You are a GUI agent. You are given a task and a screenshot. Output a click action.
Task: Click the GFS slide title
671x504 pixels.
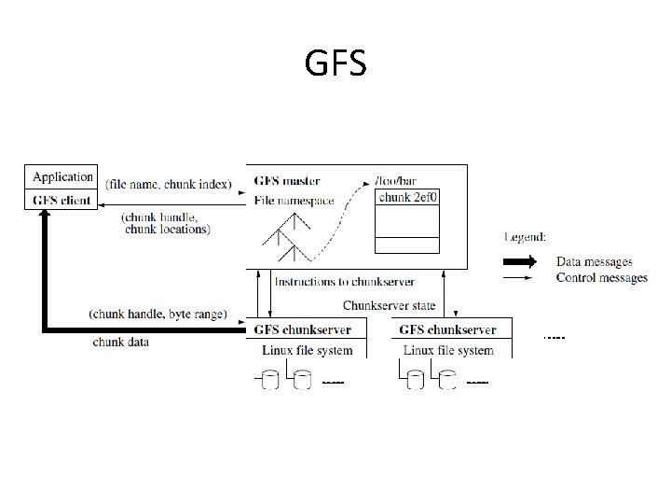tap(335, 63)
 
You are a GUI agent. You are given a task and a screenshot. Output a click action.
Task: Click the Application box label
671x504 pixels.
tap(63, 176)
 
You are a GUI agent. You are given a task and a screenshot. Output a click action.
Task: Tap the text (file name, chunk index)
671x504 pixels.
tap(170, 184)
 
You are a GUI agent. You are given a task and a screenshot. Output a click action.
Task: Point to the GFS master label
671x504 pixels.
tap(287, 180)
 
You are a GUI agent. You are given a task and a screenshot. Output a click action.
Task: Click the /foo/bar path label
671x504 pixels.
tap(395, 180)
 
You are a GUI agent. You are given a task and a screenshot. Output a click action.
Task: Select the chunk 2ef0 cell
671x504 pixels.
tap(407, 198)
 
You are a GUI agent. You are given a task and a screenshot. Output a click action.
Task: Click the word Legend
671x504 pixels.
tap(527, 238)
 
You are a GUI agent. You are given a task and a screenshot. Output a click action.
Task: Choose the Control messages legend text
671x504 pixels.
tap(601, 277)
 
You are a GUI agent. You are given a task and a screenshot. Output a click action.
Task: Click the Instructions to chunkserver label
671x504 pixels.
tap(344, 281)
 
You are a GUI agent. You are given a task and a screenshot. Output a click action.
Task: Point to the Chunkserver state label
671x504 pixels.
tap(390, 305)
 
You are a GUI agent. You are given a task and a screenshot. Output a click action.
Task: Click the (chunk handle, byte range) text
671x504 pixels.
tap(157, 315)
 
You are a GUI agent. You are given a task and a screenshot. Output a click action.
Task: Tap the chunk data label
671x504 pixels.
tap(120, 342)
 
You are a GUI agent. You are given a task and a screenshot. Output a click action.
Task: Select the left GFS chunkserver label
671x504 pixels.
tap(304, 329)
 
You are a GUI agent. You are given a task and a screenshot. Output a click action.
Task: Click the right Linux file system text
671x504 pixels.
tap(448, 350)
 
